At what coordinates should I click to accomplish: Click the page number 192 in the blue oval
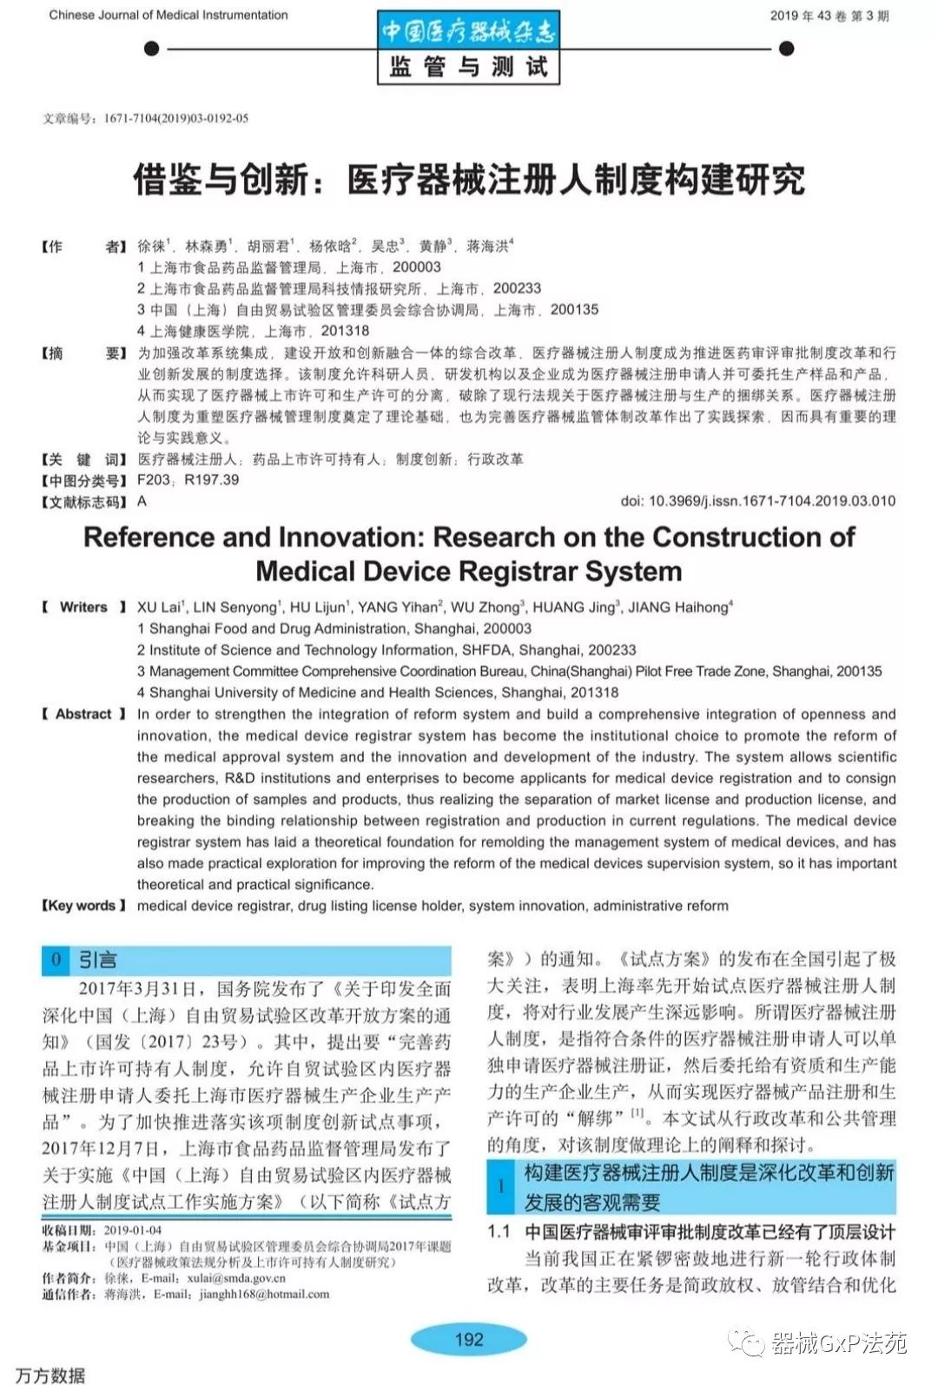(469, 1339)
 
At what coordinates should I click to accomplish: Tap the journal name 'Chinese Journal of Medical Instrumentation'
(168, 15)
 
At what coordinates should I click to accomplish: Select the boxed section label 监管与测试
(468, 67)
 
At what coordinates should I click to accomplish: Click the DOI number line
(757, 501)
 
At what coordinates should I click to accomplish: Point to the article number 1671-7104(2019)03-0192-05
(175, 118)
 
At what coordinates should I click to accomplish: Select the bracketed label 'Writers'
(83, 607)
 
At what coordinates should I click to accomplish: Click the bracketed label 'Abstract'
(83, 714)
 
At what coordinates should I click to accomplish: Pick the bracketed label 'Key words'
(83, 906)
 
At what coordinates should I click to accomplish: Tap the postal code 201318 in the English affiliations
(594, 693)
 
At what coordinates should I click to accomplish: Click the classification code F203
(154, 480)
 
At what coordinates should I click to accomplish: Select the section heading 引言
(97, 960)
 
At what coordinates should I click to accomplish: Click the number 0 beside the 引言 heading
(56, 960)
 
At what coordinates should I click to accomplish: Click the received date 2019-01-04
(133, 1230)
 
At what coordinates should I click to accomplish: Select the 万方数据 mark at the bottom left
(50, 1374)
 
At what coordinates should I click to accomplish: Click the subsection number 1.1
(499, 1232)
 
